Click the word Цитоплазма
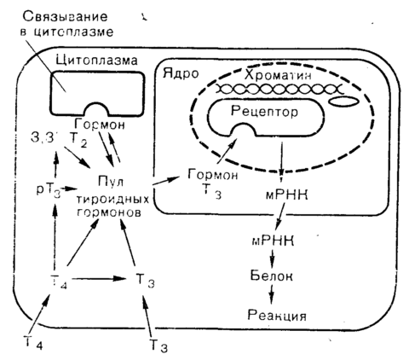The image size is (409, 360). tap(96, 61)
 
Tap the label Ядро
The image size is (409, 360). tap(181, 74)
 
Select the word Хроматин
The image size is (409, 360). tap(278, 75)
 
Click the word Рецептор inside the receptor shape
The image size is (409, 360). tap(264, 111)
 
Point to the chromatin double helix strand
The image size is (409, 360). tap(279, 90)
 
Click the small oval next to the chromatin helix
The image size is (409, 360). tap(343, 102)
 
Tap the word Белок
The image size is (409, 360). tap(271, 276)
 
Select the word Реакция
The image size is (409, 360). tap(277, 315)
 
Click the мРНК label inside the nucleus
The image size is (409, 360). tap(286, 195)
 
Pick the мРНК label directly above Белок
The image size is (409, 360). tap(273, 241)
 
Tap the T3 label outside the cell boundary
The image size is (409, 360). tap(158, 345)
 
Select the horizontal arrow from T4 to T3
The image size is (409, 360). tap(96, 278)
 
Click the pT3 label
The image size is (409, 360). tap(49, 190)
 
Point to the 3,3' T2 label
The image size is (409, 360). tap(59, 139)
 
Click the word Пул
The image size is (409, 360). tap(111, 181)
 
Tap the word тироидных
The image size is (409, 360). tap(112, 199)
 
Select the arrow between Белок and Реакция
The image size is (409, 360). tap(272, 294)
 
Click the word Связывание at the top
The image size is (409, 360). tap(65, 17)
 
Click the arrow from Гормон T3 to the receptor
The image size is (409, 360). tap(227, 151)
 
